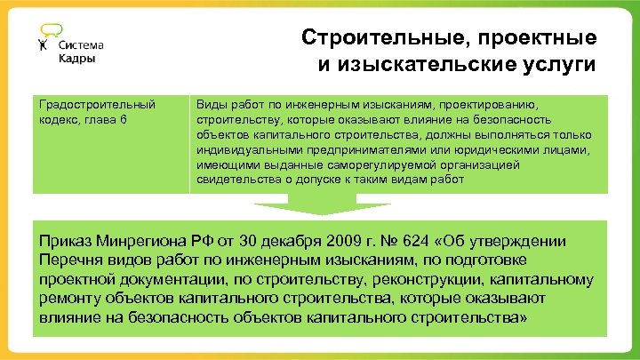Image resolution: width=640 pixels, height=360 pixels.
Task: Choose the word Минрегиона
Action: (x=146, y=242)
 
